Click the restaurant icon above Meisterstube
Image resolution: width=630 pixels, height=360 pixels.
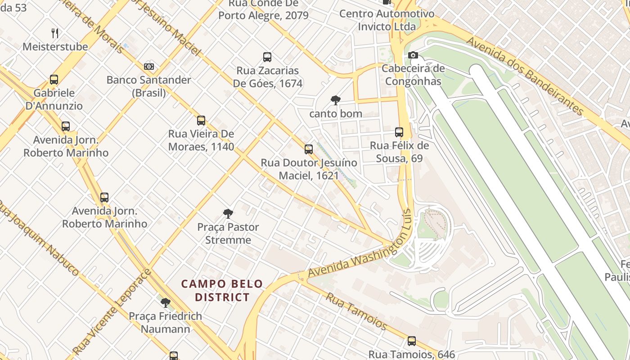click(55, 33)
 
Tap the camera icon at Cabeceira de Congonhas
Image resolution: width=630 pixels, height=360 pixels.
click(413, 55)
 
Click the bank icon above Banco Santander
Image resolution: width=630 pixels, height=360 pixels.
click(149, 67)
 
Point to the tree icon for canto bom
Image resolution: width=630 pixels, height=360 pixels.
click(335, 100)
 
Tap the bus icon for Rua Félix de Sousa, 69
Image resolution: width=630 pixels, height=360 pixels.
click(399, 132)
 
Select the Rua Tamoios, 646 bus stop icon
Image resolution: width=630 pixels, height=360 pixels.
click(412, 341)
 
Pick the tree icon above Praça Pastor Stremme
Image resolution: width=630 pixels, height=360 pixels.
click(228, 213)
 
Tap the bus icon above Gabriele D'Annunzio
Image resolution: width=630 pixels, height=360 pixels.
click(54, 80)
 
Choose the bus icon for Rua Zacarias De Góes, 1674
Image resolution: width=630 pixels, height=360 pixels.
click(267, 57)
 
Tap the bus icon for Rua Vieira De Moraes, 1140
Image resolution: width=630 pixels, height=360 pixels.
click(201, 121)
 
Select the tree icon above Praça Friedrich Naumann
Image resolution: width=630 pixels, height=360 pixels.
click(166, 302)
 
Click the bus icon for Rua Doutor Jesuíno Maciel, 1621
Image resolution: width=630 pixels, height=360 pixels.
click(309, 149)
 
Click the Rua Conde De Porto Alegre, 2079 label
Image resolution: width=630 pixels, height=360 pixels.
click(264, 9)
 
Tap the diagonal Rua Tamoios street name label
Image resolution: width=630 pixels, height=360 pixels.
click(356, 310)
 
